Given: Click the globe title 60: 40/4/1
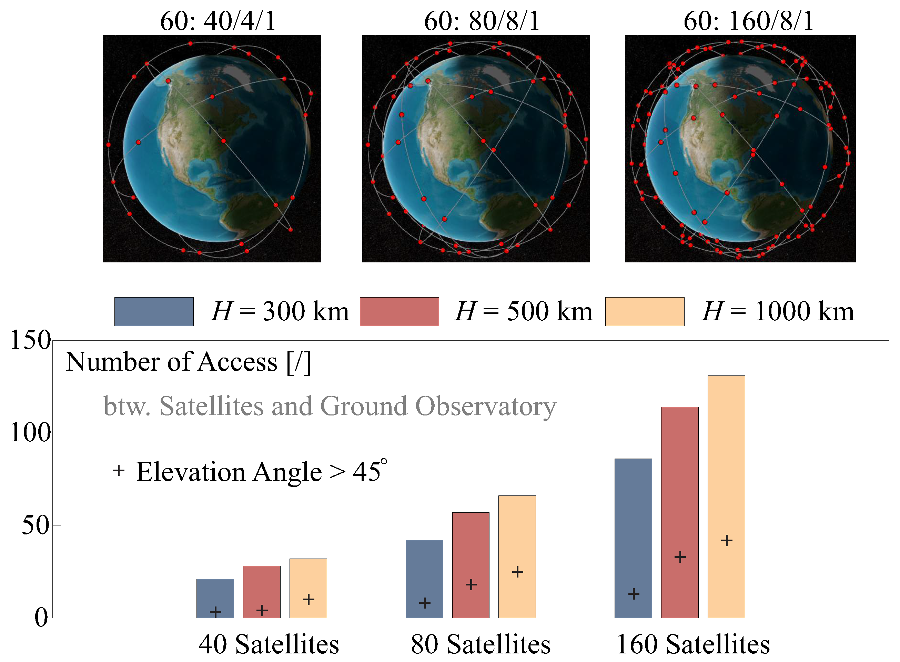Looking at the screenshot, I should [218, 21].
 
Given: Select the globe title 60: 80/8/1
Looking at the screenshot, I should [482, 21].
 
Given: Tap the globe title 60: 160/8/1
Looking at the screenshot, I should [748, 21].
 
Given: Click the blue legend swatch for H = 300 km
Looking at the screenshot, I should [154, 311].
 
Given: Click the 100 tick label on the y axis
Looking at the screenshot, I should [30, 433].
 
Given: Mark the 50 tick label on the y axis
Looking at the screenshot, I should [35, 525].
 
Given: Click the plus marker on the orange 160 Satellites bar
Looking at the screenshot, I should [727, 541].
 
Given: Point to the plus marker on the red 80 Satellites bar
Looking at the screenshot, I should [471, 584].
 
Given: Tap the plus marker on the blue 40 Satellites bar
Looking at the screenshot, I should [215, 612].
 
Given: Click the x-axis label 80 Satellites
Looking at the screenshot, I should [481, 644].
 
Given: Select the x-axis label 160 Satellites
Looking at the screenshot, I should [693, 644].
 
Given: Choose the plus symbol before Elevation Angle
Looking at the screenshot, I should [119, 470].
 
